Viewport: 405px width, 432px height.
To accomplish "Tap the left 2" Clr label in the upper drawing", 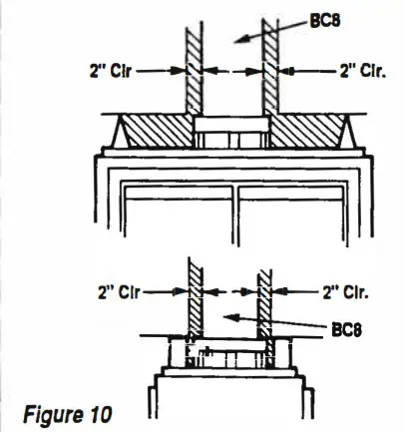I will point(103,72).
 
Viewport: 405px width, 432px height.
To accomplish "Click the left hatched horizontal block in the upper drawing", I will point(156,131).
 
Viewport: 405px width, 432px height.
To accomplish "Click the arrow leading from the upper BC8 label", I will point(258,32).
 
